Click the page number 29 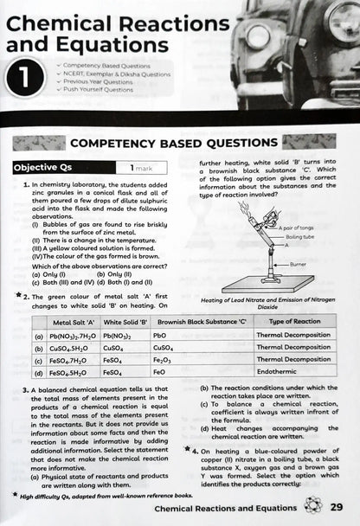click(x=339, y=507)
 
